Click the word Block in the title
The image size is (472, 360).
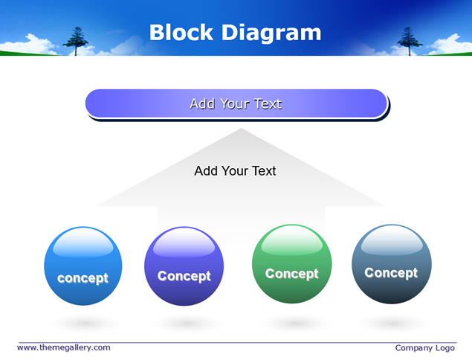pos(181,32)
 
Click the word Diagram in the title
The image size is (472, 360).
pos(271,33)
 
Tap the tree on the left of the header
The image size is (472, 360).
pos(76,41)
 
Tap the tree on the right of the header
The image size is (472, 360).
pos(409,41)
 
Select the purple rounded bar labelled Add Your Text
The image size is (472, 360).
pos(236,103)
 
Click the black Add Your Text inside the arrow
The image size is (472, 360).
pos(235,171)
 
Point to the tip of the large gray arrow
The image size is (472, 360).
pos(241,129)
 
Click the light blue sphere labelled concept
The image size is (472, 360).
pos(83,266)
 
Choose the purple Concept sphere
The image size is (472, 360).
pos(184,266)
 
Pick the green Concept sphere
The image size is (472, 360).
pos(292,264)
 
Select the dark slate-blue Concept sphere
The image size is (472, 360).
pos(392,264)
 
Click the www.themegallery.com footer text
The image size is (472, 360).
pos(64,347)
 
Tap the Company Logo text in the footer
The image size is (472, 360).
pos(424,348)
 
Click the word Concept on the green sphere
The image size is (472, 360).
pos(291,274)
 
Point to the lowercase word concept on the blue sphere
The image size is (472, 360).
pos(83,278)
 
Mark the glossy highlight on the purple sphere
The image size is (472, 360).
pos(184,243)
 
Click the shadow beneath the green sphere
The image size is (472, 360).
pos(294,324)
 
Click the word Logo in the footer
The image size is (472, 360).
pos(445,348)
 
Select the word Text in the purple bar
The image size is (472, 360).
pos(268,103)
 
